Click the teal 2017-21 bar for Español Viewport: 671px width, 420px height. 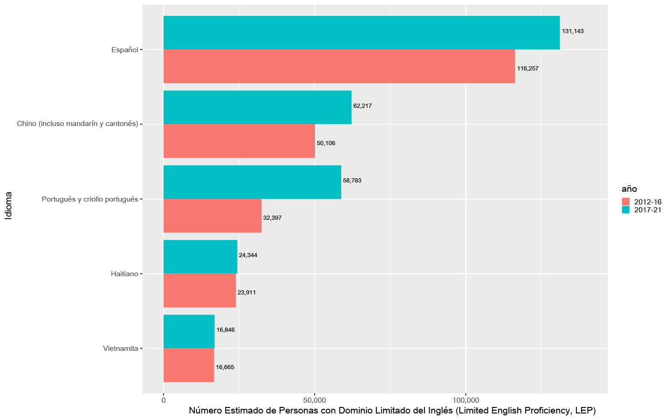(361, 33)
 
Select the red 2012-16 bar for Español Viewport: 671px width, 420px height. (339, 66)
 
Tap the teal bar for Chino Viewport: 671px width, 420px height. (257, 107)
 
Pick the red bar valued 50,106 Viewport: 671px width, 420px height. (239, 141)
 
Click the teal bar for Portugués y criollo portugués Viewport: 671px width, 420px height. (252, 182)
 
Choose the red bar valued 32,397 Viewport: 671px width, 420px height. (212, 216)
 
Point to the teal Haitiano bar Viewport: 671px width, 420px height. (200, 257)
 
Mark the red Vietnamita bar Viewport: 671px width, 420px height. (188, 365)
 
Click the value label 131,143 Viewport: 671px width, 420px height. (573, 31)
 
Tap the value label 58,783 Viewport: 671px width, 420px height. (352, 181)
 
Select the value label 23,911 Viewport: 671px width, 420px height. (246, 293)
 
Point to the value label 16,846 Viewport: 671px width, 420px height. (226, 330)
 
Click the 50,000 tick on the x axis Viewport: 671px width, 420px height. (315, 400)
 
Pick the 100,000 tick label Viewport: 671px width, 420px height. (466, 400)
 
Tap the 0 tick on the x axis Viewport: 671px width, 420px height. (164, 400)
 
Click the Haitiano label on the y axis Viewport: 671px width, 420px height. (124, 274)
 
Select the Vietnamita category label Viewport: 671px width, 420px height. (120, 349)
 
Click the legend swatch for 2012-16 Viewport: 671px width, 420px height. (626, 202)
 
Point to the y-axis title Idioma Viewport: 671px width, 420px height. (8, 205)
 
